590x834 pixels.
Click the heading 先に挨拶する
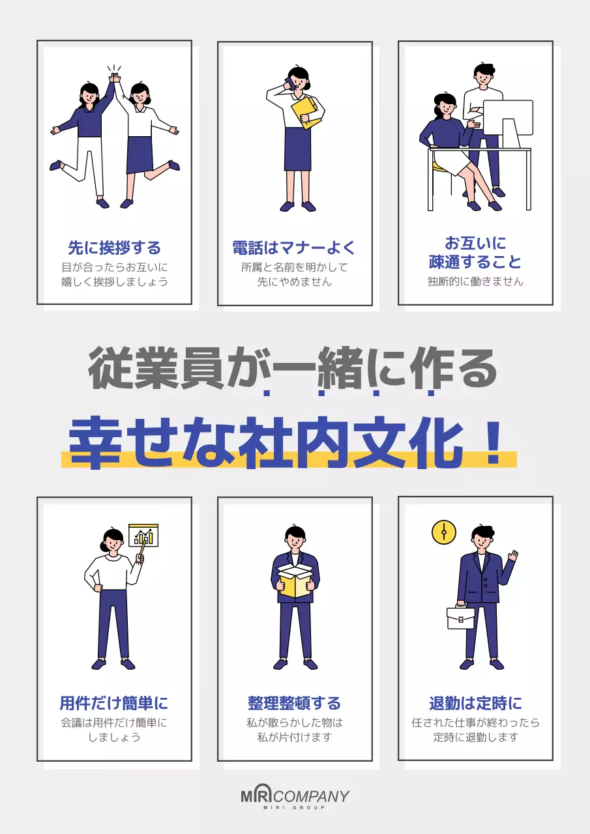coord(114,248)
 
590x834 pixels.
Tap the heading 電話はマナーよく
coord(295,248)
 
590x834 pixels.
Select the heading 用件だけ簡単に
coord(114,704)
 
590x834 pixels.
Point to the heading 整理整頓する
coord(295,704)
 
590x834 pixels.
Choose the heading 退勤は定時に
coord(475,704)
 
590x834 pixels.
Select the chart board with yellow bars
coord(144,535)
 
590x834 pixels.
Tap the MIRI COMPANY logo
coord(295,797)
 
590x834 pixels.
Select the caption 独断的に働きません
coord(475,282)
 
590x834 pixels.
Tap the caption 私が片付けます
coord(295,738)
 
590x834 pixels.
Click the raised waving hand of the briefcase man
coord(513,556)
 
